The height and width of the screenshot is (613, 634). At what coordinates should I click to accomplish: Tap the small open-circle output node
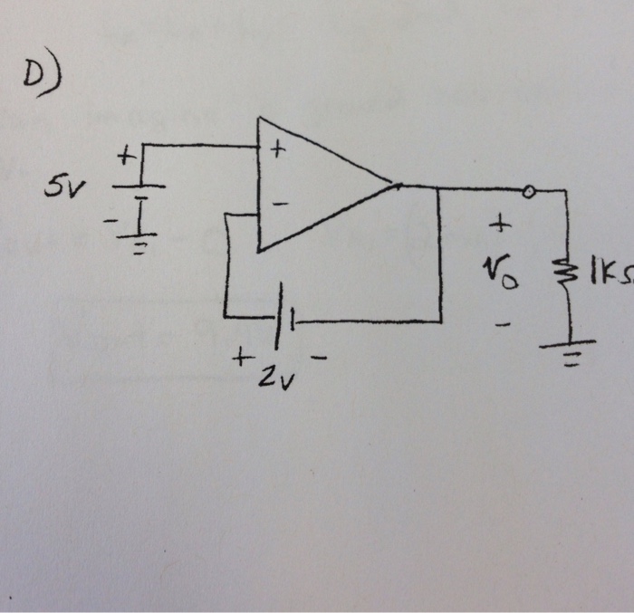529,191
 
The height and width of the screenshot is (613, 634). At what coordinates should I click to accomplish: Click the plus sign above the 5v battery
126,158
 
